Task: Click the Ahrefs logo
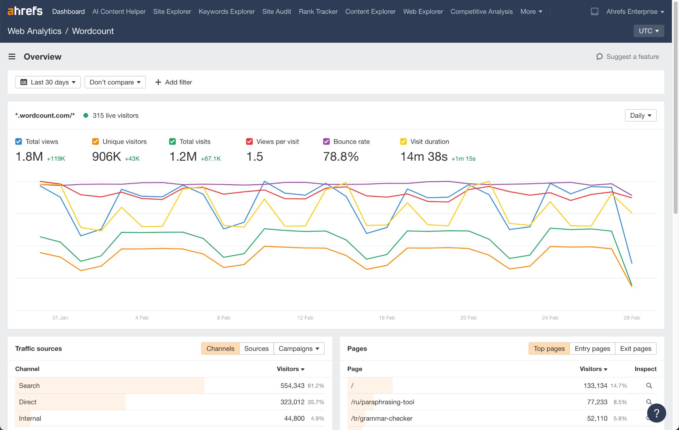25,11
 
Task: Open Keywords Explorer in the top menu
226,12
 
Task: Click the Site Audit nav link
277,12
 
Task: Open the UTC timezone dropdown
648,31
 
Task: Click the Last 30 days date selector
48,82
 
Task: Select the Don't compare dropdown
115,82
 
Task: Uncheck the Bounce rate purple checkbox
326,141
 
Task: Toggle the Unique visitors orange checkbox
95,141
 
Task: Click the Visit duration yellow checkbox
403,141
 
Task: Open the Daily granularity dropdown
640,115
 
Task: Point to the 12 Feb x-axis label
305,318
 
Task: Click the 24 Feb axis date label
550,318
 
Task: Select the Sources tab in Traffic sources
256,349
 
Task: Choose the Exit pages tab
635,349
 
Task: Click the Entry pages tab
592,349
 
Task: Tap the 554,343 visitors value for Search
292,386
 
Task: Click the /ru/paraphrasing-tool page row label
382,402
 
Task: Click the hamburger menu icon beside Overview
12,57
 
